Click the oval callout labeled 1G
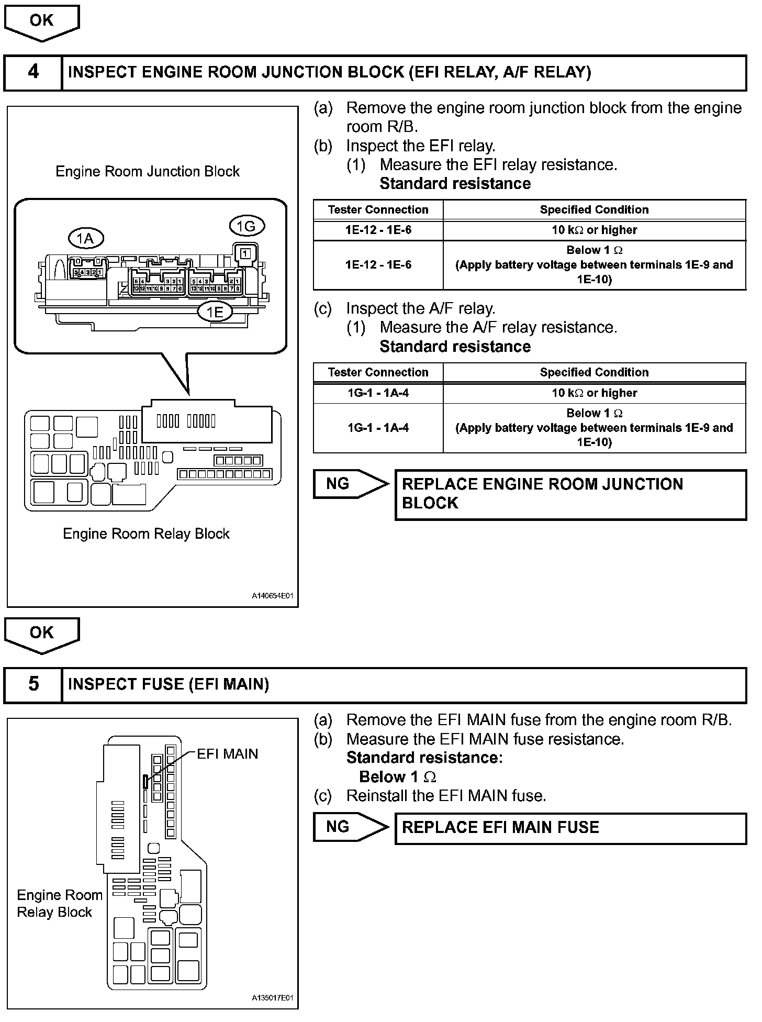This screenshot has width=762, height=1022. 246,226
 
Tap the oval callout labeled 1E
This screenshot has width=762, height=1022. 215,313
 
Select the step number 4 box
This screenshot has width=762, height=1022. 33,72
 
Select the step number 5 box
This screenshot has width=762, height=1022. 33,684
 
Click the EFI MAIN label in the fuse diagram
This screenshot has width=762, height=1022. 227,754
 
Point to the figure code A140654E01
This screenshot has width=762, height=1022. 272,596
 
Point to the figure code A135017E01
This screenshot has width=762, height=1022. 272,998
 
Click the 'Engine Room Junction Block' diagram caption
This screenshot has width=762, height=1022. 148,172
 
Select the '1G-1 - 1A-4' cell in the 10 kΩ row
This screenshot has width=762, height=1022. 378,393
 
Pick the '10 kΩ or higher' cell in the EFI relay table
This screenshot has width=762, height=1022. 594,230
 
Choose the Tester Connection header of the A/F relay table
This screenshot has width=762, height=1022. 378,372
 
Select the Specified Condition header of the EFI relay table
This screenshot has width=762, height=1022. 594,210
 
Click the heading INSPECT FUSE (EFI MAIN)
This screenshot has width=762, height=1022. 169,684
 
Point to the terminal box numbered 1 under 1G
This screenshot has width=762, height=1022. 245,253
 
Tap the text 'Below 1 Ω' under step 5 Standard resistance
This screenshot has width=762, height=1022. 398,777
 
